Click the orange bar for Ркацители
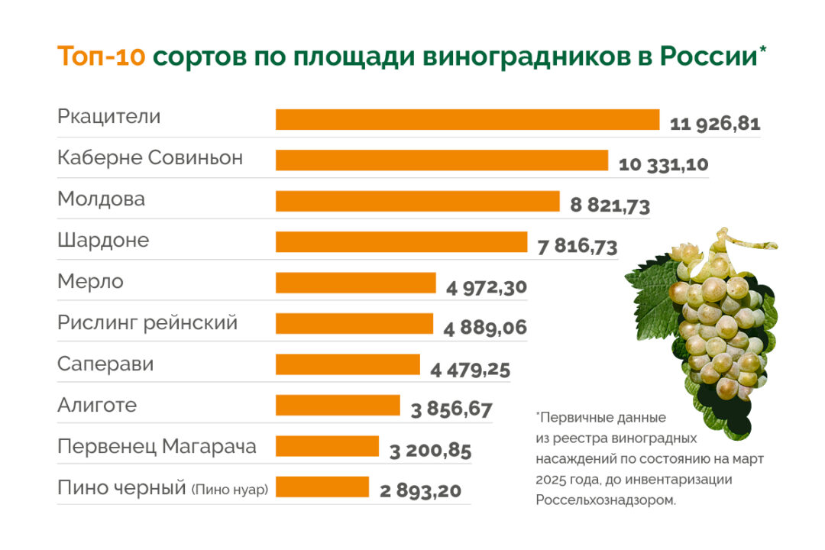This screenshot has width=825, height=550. click(467, 120)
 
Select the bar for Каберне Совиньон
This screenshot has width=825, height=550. click(442, 160)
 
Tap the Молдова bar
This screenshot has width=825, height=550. click(417, 201)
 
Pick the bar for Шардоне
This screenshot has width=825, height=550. click(401, 242)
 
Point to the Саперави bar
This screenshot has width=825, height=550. click(348, 364)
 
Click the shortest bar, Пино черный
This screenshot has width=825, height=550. click(322, 487)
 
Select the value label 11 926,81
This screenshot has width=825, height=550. click(715, 124)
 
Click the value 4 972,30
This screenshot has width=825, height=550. click(487, 288)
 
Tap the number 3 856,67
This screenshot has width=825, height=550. click(451, 409)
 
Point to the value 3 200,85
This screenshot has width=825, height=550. click(430, 451)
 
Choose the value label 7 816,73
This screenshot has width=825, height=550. click(577, 247)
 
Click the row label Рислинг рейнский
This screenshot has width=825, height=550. click(147, 323)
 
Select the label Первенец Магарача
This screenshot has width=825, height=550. click(157, 446)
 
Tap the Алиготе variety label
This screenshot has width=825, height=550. click(97, 405)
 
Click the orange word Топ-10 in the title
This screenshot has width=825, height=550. click(101, 58)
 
